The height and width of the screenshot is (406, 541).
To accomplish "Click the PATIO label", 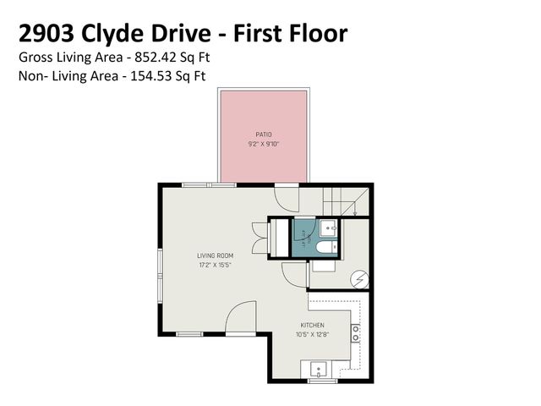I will point(264,134).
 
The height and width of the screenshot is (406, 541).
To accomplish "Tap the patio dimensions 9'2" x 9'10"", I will point(264,143).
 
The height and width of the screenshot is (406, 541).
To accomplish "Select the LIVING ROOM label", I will point(216,255).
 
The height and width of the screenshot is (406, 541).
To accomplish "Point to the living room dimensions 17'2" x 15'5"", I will point(216,265).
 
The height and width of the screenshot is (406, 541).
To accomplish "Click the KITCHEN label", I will point(312,326).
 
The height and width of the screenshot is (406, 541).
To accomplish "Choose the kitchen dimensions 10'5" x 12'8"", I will point(312,335).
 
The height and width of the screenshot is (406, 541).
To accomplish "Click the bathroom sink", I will point(328,228).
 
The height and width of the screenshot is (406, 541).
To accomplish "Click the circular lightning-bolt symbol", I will point(358,277).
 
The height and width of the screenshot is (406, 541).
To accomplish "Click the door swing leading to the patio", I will point(289,198).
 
